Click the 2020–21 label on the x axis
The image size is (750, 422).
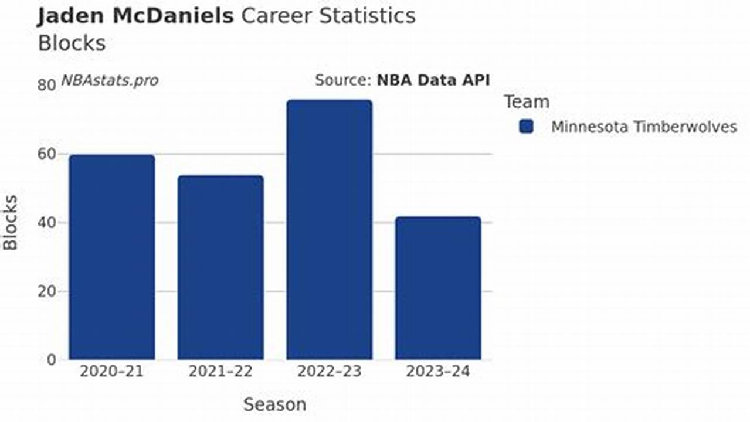[x=111, y=372]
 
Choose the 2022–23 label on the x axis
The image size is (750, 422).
[x=329, y=372]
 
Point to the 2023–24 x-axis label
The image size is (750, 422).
[x=437, y=372]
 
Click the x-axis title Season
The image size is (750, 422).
[x=274, y=404]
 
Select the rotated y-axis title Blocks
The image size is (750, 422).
[x=11, y=223]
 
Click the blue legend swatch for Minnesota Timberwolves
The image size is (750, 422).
[x=526, y=127]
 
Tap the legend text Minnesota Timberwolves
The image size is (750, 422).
[x=644, y=127]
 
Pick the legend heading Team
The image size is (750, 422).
[x=527, y=102]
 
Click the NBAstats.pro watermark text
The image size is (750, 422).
[x=110, y=80]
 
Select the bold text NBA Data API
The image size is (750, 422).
[x=433, y=80]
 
